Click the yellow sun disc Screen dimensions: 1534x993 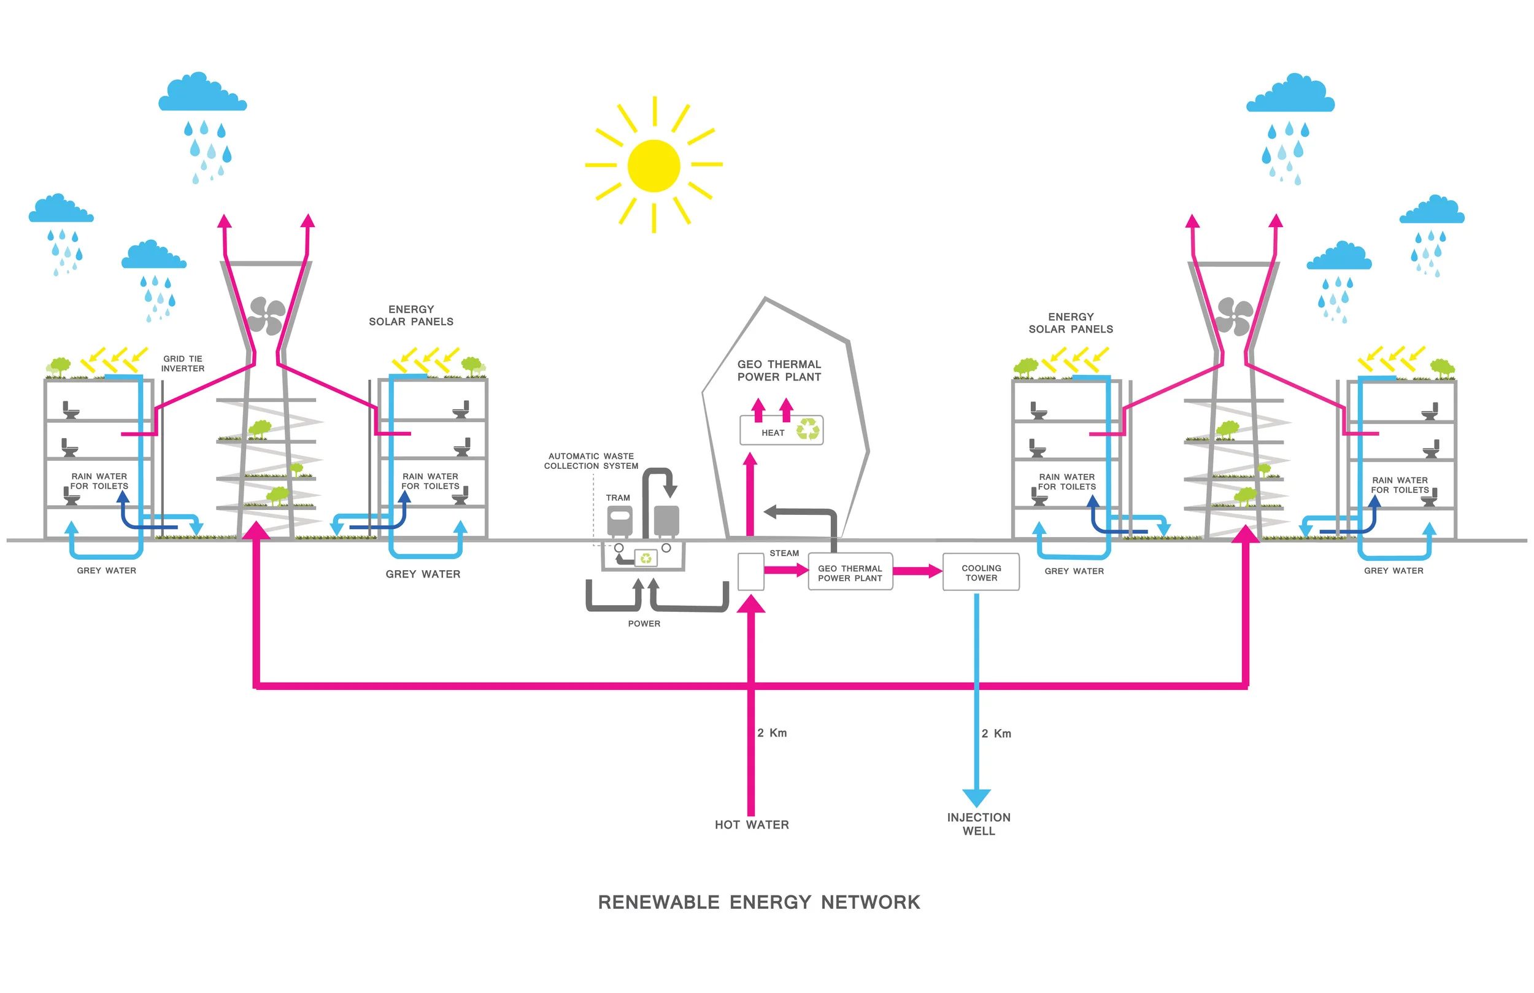pyautogui.click(x=653, y=166)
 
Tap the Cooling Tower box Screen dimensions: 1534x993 pyautogui.click(x=981, y=572)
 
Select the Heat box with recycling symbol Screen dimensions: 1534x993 pyautogui.click(x=781, y=431)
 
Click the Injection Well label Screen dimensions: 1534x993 pyautogui.click(x=979, y=824)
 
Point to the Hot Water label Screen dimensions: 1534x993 pyautogui.click(x=752, y=825)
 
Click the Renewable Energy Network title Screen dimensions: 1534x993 pyautogui.click(x=758, y=902)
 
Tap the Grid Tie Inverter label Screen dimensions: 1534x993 pyautogui.click(x=182, y=364)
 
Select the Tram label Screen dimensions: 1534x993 pyautogui.click(x=617, y=498)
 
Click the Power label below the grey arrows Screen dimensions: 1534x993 pyautogui.click(x=644, y=624)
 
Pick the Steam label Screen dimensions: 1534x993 pyautogui.click(x=784, y=553)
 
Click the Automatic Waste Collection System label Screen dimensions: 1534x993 pyautogui.click(x=591, y=461)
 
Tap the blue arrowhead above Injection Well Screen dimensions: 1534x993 pyautogui.click(x=976, y=798)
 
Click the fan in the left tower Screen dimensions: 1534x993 pyautogui.click(x=266, y=316)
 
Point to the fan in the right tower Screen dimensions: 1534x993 pyautogui.click(x=1234, y=317)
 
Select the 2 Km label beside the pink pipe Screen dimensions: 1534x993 pyautogui.click(x=771, y=733)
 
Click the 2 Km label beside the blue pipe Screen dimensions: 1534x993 pyautogui.click(x=996, y=734)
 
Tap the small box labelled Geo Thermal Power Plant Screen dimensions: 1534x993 pyautogui.click(x=850, y=572)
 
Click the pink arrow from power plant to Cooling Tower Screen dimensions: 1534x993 pyautogui.click(x=917, y=571)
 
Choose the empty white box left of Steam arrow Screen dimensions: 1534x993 pyautogui.click(x=750, y=572)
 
